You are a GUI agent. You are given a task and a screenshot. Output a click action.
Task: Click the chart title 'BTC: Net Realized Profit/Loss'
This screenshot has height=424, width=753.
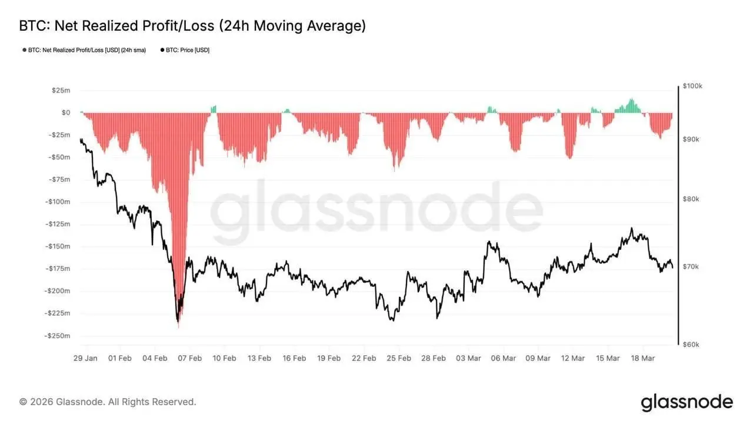pyautogui.click(x=192, y=26)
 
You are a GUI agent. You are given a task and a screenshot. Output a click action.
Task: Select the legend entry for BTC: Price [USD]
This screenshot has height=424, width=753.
pyautogui.click(x=185, y=50)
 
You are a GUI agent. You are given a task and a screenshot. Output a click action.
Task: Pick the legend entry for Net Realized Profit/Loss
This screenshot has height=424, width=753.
pyautogui.click(x=84, y=50)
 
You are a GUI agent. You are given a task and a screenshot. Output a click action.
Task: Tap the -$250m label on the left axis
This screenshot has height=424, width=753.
pyautogui.click(x=57, y=336)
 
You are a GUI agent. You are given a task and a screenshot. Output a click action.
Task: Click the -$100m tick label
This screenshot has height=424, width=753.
pyautogui.click(x=57, y=201)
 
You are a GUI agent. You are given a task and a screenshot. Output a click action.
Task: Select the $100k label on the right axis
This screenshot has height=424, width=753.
pyautogui.click(x=692, y=86)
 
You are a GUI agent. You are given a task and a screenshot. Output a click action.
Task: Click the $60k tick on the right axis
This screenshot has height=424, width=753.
pyautogui.click(x=691, y=344)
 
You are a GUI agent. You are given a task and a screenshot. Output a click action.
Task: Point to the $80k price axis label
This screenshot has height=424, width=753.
pyautogui.click(x=691, y=199)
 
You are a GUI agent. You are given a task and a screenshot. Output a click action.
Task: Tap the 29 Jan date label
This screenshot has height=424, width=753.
pyautogui.click(x=86, y=358)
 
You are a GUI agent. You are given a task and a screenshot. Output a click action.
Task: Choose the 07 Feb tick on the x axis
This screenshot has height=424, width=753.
pyautogui.click(x=190, y=358)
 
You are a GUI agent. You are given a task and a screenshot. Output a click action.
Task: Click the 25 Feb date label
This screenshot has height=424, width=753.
pyautogui.click(x=399, y=358)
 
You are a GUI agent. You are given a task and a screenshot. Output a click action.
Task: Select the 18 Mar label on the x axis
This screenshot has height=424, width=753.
pyautogui.click(x=642, y=358)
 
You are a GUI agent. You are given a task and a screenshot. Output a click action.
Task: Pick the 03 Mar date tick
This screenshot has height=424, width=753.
pyautogui.click(x=468, y=358)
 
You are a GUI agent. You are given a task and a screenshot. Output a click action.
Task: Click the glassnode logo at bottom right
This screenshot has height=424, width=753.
pyautogui.click(x=687, y=402)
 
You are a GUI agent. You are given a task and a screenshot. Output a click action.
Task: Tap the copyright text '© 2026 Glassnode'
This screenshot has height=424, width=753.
pyautogui.click(x=108, y=402)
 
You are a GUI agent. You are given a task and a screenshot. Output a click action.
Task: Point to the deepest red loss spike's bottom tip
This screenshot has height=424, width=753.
pyautogui.click(x=178, y=327)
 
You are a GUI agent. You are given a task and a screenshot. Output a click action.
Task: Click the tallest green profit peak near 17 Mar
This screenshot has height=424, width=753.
pyautogui.click(x=632, y=99)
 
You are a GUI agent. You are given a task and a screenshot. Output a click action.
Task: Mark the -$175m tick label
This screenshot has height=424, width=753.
pyautogui.click(x=57, y=269)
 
